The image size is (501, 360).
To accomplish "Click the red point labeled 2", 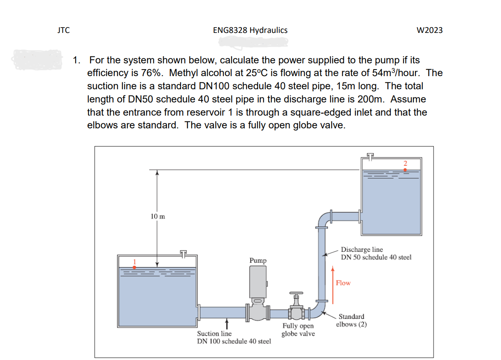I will [x=405, y=169].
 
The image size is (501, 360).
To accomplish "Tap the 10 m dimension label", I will [x=158, y=217].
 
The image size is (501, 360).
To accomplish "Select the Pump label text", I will [x=258, y=260].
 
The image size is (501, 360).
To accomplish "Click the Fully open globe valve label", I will [x=298, y=330].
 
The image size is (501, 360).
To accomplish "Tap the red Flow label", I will [x=343, y=283].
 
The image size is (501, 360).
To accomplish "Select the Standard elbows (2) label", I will [x=351, y=320].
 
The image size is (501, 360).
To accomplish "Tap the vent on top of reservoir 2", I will [x=371, y=156].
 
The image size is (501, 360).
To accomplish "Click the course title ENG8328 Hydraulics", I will [x=250, y=30].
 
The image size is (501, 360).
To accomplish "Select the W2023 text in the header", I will [x=429, y=30].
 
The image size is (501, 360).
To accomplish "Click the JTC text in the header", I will [x=63, y=30].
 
